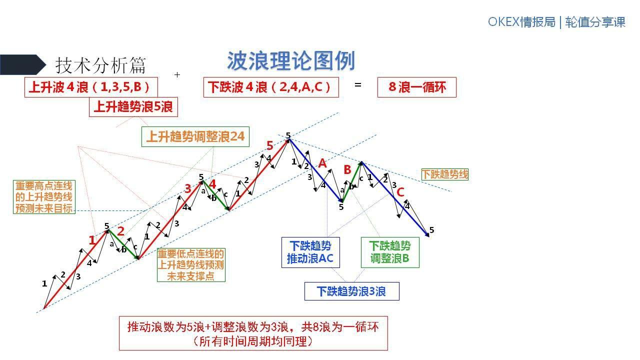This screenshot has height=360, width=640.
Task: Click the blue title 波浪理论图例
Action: click(291, 61)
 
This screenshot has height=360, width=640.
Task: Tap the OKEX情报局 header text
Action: click(521, 22)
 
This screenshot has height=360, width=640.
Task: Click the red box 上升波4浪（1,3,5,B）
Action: click(91, 87)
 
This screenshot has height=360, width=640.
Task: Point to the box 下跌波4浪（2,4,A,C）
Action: click(271, 87)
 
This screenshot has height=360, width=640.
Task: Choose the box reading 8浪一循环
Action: click(416, 87)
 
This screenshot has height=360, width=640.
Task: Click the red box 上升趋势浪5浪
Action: click(133, 106)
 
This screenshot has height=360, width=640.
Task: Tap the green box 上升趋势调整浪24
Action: click(195, 136)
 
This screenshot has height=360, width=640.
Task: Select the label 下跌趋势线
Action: click(444, 174)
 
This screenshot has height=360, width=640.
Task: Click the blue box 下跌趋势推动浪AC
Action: click(309, 252)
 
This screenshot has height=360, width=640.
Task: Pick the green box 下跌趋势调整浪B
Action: click(390, 252)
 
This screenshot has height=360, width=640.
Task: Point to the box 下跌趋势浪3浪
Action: click(351, 291)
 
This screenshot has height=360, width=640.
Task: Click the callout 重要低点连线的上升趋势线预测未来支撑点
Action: click(191, 265)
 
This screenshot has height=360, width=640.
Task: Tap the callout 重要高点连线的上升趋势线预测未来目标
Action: click(44, 197)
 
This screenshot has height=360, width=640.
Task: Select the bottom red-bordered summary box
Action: click(253, 333)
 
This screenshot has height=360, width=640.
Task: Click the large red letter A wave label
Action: click(322, 163)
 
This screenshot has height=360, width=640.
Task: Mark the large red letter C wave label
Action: click(400, 192)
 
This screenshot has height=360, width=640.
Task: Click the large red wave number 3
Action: click(187, 188)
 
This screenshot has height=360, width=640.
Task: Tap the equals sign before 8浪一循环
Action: click(357, 85)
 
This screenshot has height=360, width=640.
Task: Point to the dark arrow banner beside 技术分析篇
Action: click(22, 64)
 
